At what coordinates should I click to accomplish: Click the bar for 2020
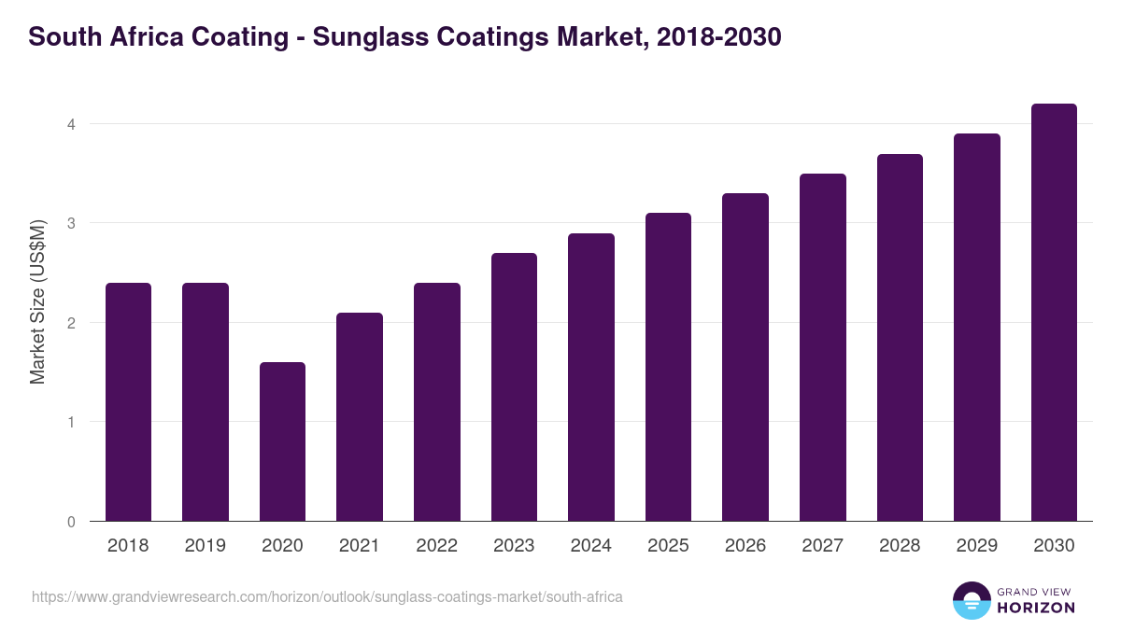(x=282, y=441)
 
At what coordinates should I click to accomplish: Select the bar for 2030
(x=1054, y=313)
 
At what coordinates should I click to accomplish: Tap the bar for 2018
(x=128, y=401)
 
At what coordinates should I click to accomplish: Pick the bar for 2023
(x=514, y=386)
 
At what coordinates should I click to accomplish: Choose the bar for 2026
(x=745, y=357)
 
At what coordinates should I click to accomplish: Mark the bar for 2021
(x=360, y=416)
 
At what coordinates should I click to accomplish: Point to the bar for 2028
(x=900, y=337)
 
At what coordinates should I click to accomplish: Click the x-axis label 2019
(x=205, y=546)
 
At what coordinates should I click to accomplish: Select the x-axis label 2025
(x=668, y=546)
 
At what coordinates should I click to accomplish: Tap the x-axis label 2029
(x=976, y=546)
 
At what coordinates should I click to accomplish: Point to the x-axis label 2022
(x=436, y=546)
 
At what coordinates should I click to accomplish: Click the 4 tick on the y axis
(x=70, y=124)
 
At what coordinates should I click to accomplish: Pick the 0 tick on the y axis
(x=70, y=522)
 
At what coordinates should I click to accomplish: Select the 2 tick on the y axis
(x=70, y=323)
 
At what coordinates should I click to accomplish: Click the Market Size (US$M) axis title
(x=37, y=301)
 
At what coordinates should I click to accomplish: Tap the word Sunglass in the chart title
(x=365, y=37)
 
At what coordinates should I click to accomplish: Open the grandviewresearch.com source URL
(x=327, y=596)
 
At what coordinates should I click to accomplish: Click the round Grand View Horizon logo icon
(x=971, y=600)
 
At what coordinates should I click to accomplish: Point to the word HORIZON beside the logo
(x=1035, y=608)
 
